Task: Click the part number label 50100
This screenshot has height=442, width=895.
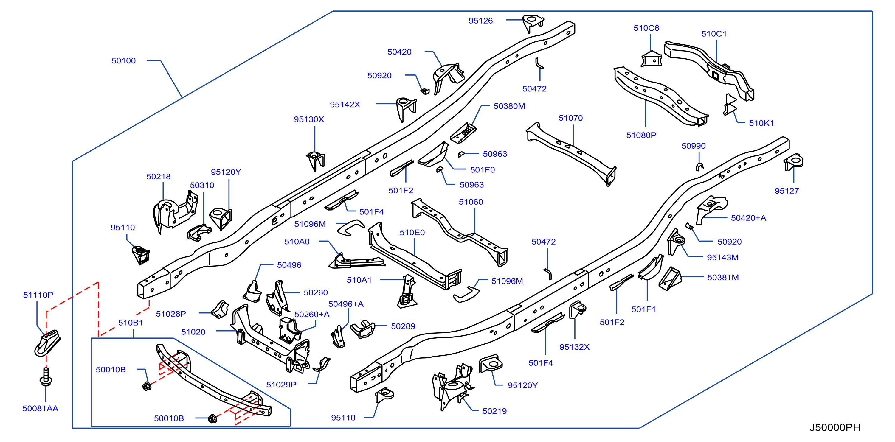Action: tap(123, 61)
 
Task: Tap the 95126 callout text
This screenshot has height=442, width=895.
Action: tap(480, 21)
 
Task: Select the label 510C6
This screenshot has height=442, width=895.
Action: tap(646, 28)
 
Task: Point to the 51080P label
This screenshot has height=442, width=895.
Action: tap(641, 136)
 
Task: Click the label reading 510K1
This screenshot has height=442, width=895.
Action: tap(761, 123)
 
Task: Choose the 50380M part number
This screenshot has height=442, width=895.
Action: tap(509, 106)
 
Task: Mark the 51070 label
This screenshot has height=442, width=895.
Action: tap(570, 118)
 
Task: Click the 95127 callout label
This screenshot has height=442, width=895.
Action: tap(787, 191)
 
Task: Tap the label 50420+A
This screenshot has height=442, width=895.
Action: tap(748, 218)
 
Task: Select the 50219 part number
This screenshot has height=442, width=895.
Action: tap(494, 411)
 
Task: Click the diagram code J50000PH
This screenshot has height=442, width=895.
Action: tap(834, 427)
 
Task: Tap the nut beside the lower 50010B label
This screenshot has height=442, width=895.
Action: tap(212, 418)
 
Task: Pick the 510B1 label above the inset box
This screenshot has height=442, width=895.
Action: tap(130, 323)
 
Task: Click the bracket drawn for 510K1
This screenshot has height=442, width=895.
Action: tap(730, 105)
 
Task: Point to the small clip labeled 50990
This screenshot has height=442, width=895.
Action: tap(699, 167)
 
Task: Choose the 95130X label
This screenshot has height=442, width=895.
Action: tap(309, 119)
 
